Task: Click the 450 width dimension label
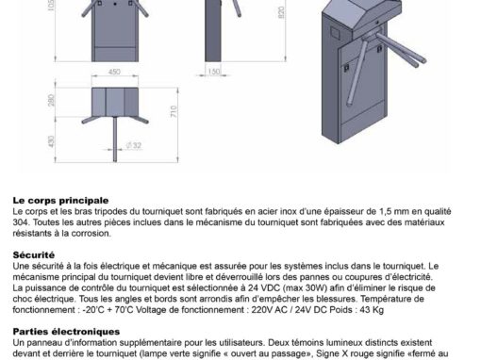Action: pyautogui.click(x=114, y=72)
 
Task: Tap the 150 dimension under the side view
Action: pyautogui.click(x=214, y=72)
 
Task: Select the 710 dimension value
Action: pyautogui.click(x=174, y=111)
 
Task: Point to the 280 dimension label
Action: pyautogui.click(x=51, y=100)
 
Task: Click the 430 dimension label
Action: pyautogui.click(x=51, y=141)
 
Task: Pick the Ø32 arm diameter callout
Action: pyautogui.click(x=134, y=145)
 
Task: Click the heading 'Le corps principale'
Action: pyautogui.click(x=60, y=201)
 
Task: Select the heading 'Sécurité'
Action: pyautogui.click(x=34, y=254)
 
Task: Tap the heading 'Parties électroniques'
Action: pyautogui.click(x=66, y=332)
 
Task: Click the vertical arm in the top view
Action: pyautogui.click(x=115, y=139)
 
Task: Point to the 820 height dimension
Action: pyautogui.click(x=281, y=12)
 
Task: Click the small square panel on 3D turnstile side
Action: pyautogui.click(x=336, y=33)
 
